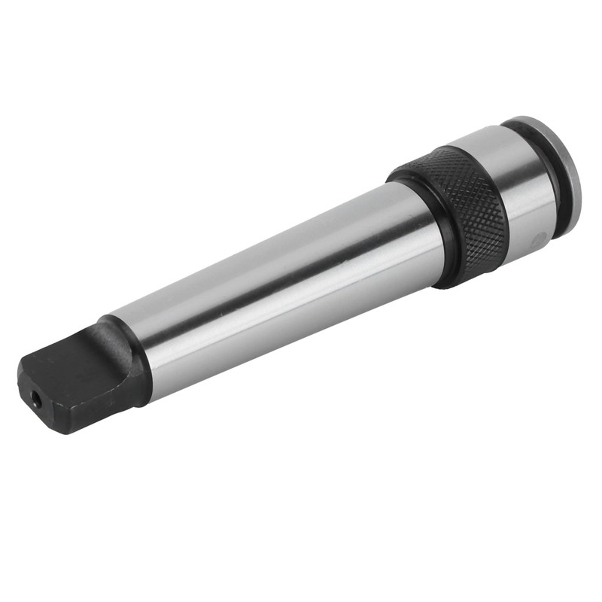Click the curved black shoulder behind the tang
point(128,354)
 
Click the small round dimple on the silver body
point(537,239)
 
